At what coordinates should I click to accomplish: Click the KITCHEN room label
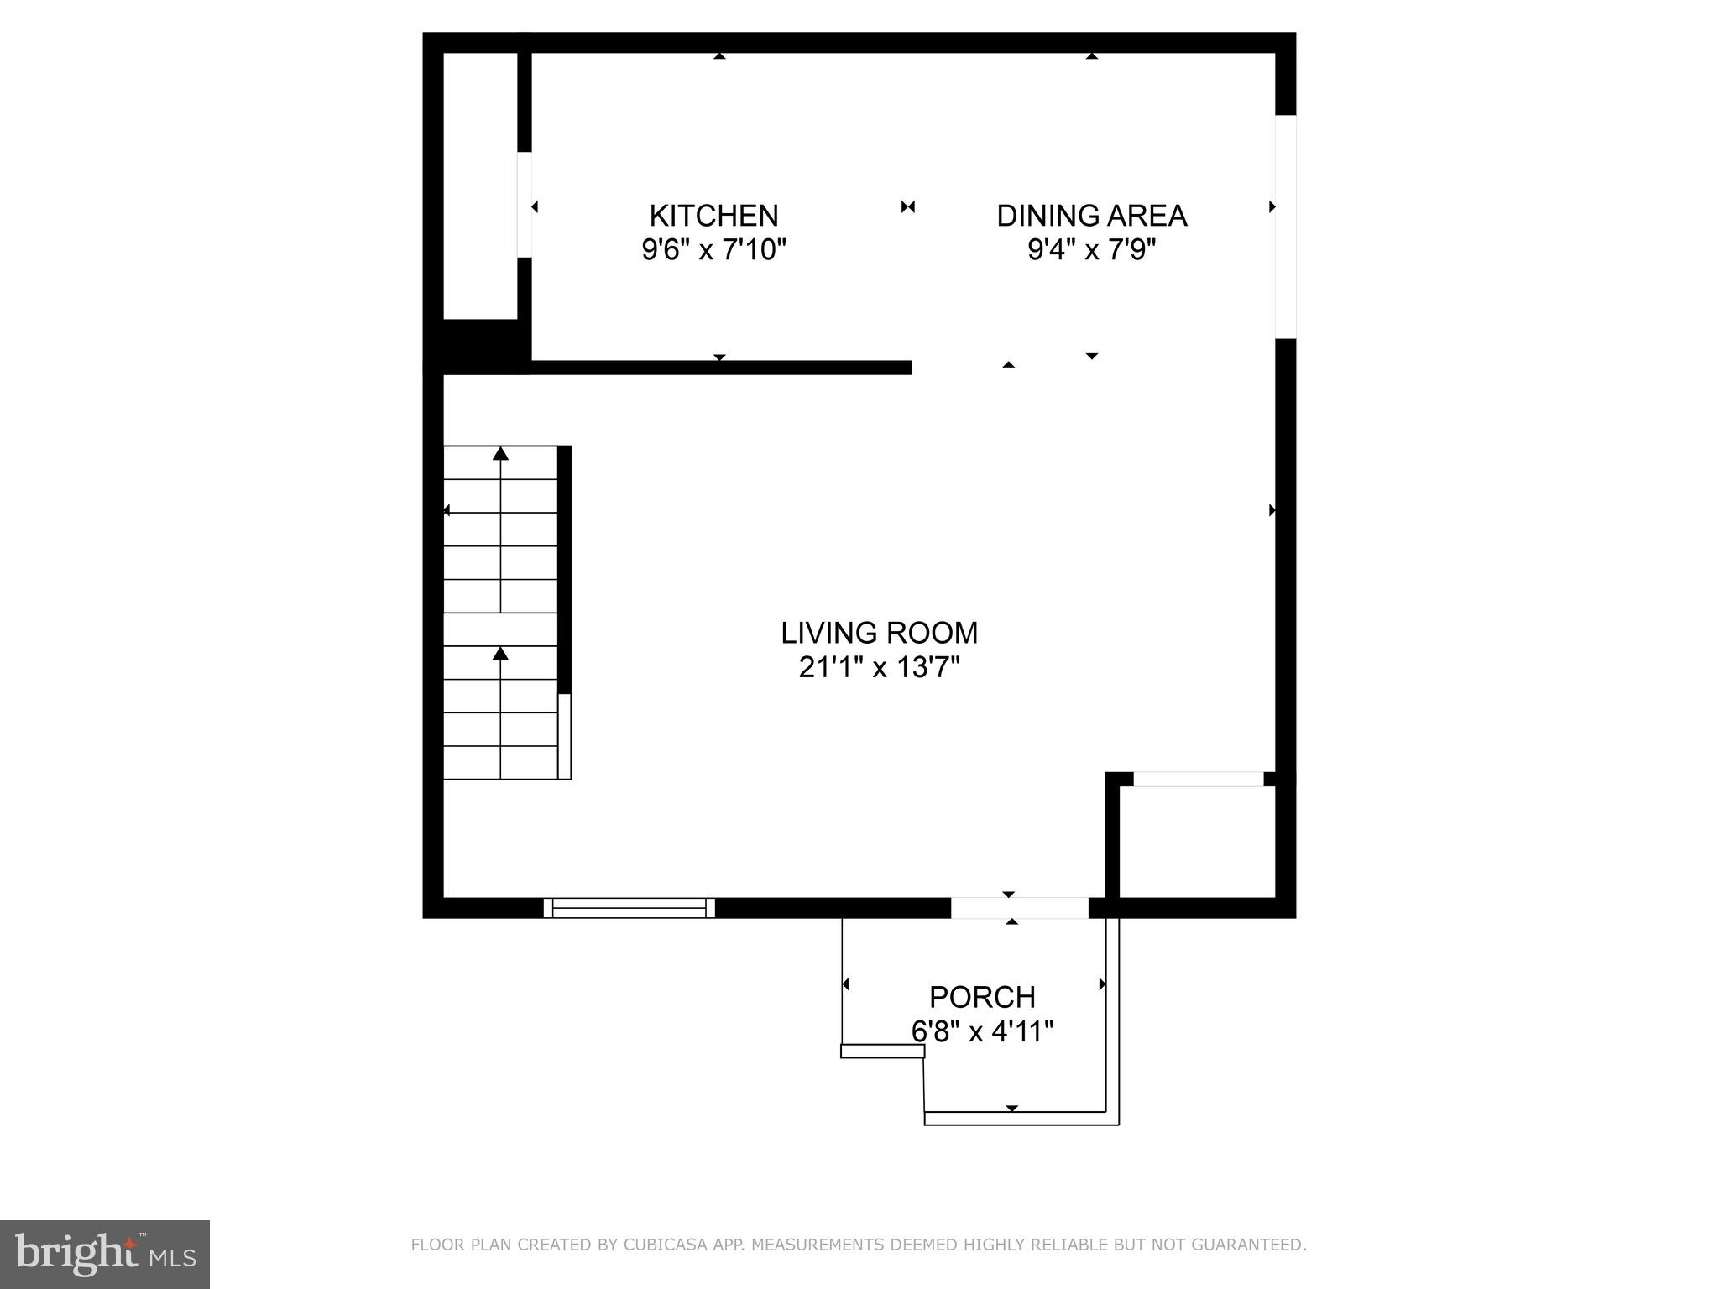(713, 216)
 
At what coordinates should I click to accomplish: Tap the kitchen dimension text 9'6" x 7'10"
(713, 250)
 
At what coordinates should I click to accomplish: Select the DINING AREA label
(1091, 216)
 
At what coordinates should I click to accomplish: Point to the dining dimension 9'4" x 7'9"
(1091, 250)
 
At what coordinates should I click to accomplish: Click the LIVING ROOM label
(879, 633)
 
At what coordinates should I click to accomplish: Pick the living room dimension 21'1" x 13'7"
(879, 668)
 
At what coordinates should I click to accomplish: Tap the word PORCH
(982, 997)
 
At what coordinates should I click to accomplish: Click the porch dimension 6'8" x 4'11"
(982, 1031)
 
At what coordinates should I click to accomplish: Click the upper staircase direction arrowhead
(500, 454)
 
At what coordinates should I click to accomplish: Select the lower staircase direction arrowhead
(500, 653)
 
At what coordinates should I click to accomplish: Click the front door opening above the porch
(1019, 908)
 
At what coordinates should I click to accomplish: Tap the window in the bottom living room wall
(630, 908)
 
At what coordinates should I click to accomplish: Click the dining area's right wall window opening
(1285, 227)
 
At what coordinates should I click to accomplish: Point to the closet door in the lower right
(1198, 780)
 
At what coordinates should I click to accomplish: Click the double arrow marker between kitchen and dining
(907, 206)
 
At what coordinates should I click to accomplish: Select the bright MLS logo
(105, 1254)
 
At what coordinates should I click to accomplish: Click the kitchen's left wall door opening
(525, 204)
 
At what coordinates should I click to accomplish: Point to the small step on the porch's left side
(882, 1051)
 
